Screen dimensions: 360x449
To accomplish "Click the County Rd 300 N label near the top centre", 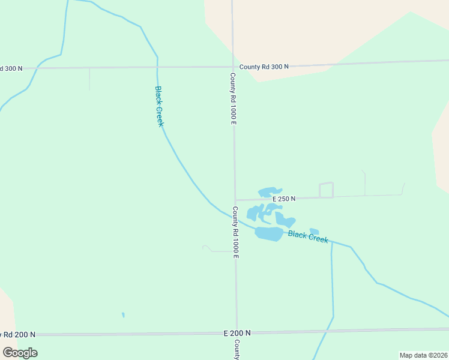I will tap(264, 67).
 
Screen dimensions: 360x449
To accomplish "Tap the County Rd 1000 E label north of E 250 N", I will tap(234, 99).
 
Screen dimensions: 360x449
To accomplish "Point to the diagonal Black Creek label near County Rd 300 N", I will tap(159, 106).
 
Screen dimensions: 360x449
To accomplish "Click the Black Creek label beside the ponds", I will tap(308, 236).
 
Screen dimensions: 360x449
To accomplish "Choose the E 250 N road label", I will tap(284, 199).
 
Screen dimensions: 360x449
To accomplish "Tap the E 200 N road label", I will tap(237, 332).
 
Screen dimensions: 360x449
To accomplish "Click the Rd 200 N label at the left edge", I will tap(17, 334).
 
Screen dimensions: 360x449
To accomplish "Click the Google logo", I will tap(20, 353).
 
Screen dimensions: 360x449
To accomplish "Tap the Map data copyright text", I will tap(423, 355).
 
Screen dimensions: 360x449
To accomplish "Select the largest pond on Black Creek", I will tap(269, 233).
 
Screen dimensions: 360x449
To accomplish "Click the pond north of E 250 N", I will tap(269, 192).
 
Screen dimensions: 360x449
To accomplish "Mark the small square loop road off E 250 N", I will tap(326, 190).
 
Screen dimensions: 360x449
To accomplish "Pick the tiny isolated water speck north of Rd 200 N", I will tap(123, 314).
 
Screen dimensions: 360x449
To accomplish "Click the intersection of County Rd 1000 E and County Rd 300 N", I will tap(233, 67).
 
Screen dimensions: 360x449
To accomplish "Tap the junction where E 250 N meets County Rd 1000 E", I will tap(235, 200).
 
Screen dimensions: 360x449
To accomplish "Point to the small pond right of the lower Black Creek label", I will tap(315, 231).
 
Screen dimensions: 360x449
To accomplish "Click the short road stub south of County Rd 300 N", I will tap(89, 79).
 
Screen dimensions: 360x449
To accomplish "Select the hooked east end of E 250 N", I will tap(403, 189).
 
